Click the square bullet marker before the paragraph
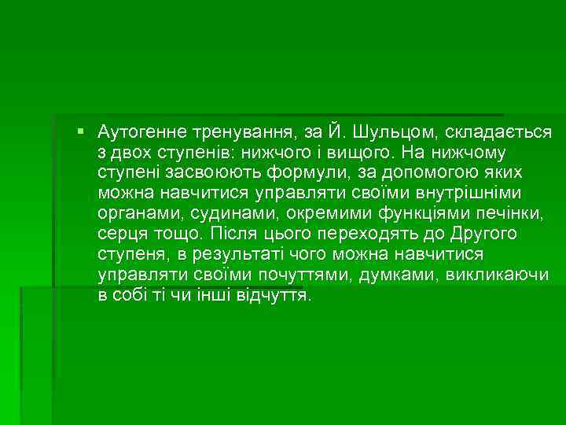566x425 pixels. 82,128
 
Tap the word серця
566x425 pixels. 119,234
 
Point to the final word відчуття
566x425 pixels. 274,297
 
